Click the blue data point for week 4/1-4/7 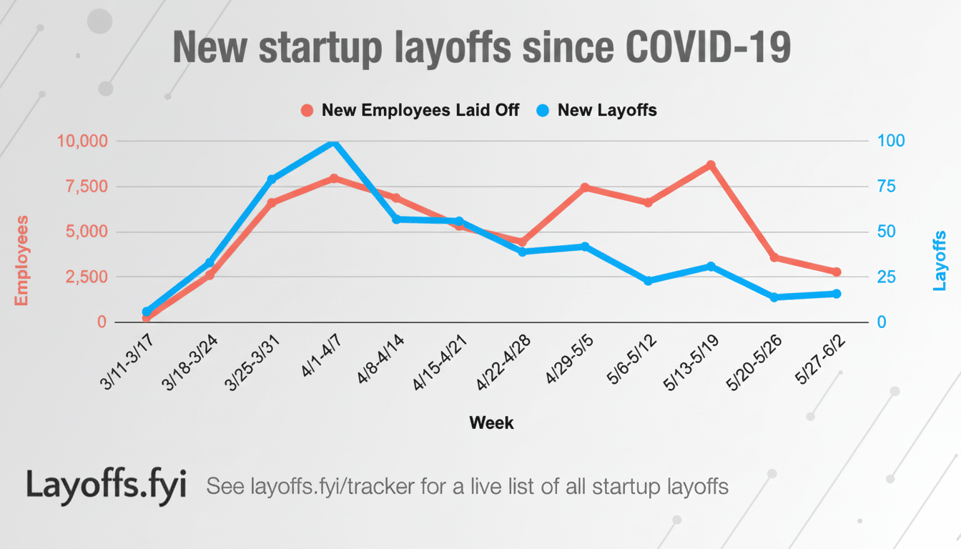[334, 142]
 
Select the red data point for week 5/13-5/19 [711, 165]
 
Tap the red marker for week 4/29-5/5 [585, 187]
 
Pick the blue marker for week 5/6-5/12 [648, 281]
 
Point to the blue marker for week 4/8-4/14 [396, 219]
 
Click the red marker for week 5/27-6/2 [837, 272]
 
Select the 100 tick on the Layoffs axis [891, 141]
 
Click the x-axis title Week [491, 423]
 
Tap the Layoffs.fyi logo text [107, 485]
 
